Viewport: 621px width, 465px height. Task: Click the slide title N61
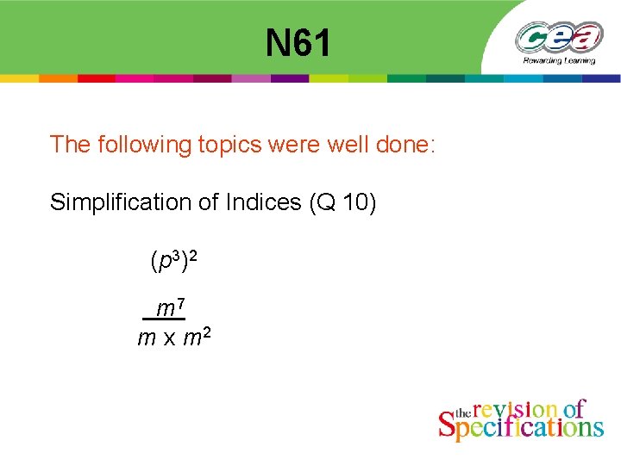tap(298, 43)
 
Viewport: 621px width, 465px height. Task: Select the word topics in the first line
tap(230, 145)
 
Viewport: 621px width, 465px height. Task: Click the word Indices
tap(260, 202)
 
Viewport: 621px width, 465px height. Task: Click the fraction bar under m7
tap(164, 319)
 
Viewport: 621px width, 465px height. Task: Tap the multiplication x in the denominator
tap(168, 338)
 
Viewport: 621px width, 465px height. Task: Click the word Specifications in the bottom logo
tap(521, 425)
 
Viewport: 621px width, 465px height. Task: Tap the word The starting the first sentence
tap(68, 144)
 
